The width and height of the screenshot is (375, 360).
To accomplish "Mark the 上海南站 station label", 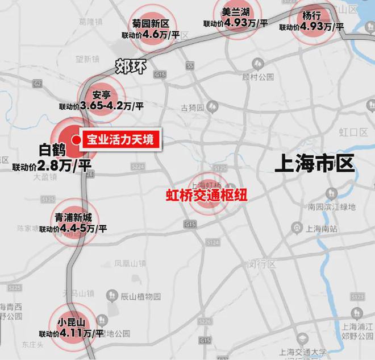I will [x=321, y=228].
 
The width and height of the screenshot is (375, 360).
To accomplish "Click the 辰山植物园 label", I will [x=141, y=296].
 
